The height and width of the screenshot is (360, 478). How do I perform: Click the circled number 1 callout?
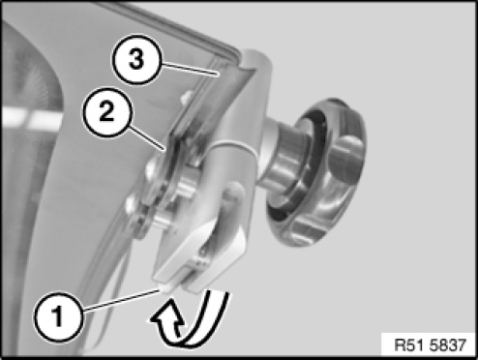pyautogui.click(x=59, y=316)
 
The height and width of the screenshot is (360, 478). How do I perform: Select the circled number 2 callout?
pyautogui.click(x=106, y=112)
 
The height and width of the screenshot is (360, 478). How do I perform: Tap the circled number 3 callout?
pyautogui.click(x=136, y=60)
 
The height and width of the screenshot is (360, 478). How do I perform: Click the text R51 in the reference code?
pyautogui.click(x=408, y=345)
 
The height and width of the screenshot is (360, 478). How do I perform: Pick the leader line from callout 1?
pyautogui.click(x=122, y=301)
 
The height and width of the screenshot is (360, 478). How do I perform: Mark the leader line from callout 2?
pyautogui.click(x=146, y=138)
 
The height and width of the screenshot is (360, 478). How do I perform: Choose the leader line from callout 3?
pyautogui.click(x=189, y=70)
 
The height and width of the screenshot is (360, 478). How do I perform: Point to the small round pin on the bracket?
pyautogui.click(x=233, y=192)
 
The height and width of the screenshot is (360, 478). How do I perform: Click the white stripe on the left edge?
pyautogui.click(x=32, y=117)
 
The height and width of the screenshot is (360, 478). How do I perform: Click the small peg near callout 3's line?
pyautogui.click(x=187, y=97)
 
